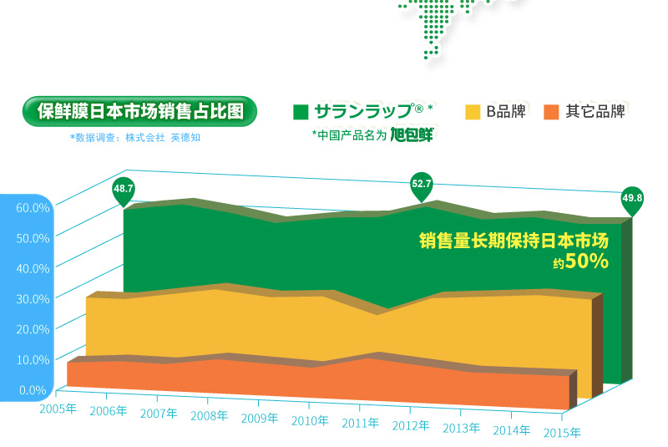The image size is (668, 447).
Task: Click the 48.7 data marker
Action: (x=124, y=190)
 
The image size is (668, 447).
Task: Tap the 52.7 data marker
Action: (x=422, y=184)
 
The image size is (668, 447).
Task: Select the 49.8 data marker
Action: (x=632, y=199)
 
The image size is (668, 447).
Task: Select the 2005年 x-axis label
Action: (x=59, y=408)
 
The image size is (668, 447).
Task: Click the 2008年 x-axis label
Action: (x=210, y=416)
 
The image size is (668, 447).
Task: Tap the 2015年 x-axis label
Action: (x=562, y=433)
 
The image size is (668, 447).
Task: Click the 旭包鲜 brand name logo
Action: (x=411, y=135)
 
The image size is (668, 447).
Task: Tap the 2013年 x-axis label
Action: (x=462, y=429)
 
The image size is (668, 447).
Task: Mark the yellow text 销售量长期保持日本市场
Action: (x=513, y=241)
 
